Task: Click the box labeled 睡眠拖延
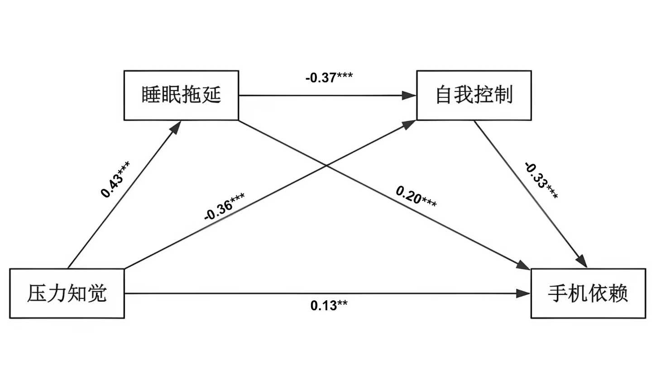pos(181,95)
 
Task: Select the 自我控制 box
pos(474,95)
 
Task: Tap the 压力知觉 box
pos(67,293)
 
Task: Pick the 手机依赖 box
pos(588,293)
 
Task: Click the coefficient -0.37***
pos(329,78)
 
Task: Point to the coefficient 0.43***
pos(115,179)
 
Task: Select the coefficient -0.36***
pos(225,207)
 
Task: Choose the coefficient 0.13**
pos(329,306)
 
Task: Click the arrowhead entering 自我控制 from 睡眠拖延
pos(410,96)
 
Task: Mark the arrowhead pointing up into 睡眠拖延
pos(176,126)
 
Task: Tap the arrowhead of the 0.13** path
pos(524,293)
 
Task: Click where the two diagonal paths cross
pos(326,165)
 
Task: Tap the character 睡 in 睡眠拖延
pos(151,95)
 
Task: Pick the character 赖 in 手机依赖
pos(618,293)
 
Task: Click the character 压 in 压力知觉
pos(37,293)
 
